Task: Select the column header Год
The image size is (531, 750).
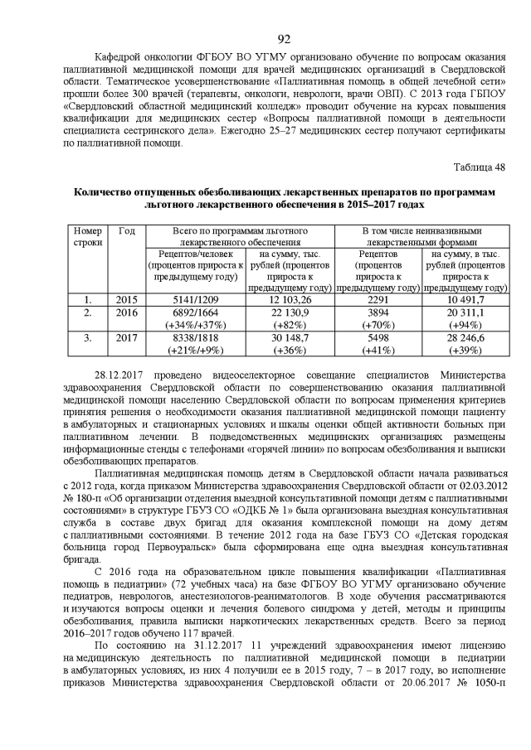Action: click(x=127, y=230)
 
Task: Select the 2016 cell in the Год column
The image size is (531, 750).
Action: click(x=127, y=312)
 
